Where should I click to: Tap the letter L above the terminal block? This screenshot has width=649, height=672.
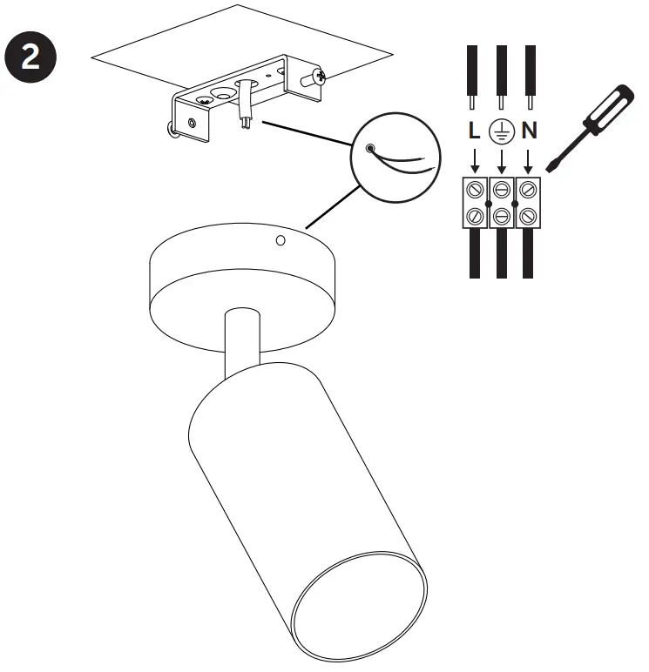tap(473, 132)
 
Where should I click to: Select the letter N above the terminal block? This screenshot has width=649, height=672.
tap(529, 132)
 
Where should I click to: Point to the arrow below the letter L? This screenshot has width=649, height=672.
tap(474, 160)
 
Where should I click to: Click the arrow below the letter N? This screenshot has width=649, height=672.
tap(528, 160)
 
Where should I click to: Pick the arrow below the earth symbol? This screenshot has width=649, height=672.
tap(501, 160)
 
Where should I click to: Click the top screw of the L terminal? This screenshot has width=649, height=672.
tap(475, 187)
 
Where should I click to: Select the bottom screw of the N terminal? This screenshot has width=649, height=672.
tap(528, 213)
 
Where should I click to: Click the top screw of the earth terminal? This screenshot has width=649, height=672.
tap(501, 187)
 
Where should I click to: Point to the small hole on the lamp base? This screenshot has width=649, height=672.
tap(281, 239)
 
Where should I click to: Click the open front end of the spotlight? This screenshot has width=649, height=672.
tap(359, 601)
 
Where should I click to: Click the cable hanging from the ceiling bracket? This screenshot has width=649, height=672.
tap(245, 104)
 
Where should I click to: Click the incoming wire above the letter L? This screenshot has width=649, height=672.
tap(473, 74)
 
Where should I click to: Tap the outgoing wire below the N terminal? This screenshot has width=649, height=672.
tap(528, 252)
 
